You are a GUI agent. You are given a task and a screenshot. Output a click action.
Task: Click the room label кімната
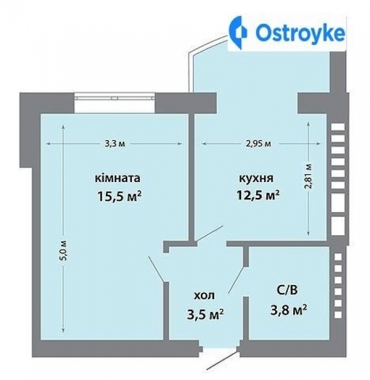pyautogui.click(x=118, y=178)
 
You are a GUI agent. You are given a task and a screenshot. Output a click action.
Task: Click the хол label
pyautogui.click(x=204, y=295)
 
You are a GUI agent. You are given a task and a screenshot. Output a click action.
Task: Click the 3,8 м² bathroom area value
pyautogui.click(x=288, y=310)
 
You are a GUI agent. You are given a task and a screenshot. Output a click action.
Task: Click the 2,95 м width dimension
pyautogui.click(x=258, y=144)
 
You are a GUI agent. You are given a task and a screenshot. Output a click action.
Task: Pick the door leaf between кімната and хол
pyautogui.click(x=157, y=269)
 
